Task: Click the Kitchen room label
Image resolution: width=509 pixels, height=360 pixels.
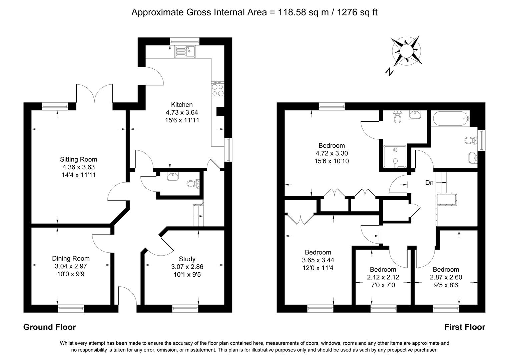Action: click(x=182, y=104)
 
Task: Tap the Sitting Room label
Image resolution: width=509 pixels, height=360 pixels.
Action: click(x=78, y=159)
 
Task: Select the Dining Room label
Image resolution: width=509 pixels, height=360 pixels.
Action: click(x=71, y=258)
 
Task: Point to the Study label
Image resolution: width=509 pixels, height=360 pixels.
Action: click(x=187, y=259)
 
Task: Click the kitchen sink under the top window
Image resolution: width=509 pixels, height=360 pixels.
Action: click(x=185, y=51)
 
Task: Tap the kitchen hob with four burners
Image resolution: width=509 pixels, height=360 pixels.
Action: click(x=217, y=89)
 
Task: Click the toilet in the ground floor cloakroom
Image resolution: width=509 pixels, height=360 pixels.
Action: click(x=192, y=183)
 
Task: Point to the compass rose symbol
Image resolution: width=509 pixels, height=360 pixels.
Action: click(x=406, y=51)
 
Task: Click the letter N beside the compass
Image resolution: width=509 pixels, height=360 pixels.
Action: click(x=389, y=71)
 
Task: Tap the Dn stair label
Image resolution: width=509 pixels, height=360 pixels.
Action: click(x=429, y=183)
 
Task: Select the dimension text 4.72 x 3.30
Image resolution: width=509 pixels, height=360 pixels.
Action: click(x=332, y=153)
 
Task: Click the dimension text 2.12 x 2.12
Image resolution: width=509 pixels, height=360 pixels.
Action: click(x=383, y=277)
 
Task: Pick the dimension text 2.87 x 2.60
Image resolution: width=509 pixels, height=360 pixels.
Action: click(x=446, y=277)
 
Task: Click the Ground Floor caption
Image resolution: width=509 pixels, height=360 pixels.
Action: click(x=49, y=327)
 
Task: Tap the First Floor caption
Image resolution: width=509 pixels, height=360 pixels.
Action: click(x=465, y=327)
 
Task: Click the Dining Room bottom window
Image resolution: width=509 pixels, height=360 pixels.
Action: click(x=71, y=308)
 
